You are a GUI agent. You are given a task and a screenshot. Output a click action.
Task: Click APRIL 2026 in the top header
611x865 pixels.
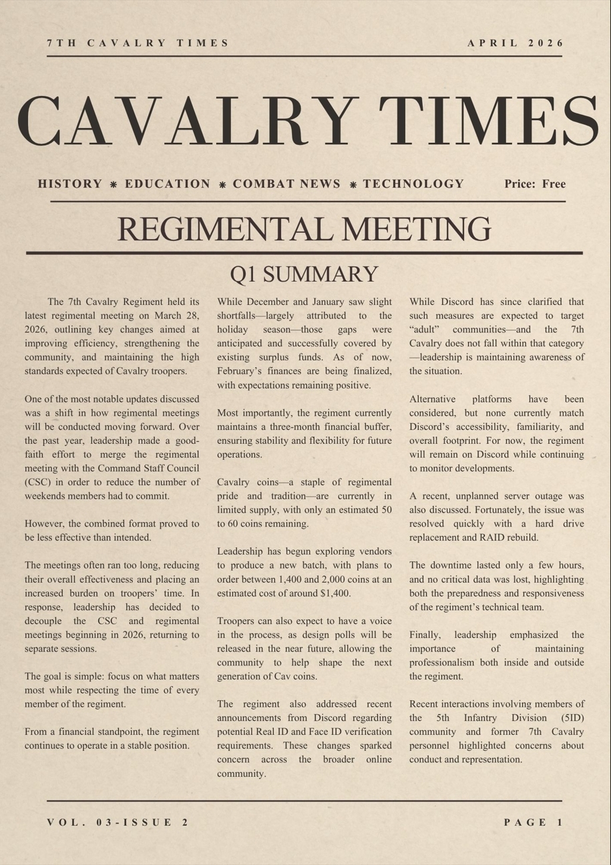point(516,43)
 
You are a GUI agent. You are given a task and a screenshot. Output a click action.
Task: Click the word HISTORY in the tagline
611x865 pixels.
point(70,184)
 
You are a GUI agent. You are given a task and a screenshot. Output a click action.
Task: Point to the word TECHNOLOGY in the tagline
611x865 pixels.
point(413,184)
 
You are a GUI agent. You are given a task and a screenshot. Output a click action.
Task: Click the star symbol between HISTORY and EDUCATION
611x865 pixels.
point(114,185)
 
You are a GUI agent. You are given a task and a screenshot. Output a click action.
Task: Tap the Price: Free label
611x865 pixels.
point(535,184)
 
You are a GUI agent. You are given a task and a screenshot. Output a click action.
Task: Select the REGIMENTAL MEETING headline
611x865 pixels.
point(304,229)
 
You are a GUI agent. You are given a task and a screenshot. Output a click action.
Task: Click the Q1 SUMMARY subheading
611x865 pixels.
point(304,274)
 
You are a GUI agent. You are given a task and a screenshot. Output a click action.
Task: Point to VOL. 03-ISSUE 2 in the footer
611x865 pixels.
point(118,822)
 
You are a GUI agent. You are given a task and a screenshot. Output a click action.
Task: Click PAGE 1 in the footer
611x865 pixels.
point(534,822)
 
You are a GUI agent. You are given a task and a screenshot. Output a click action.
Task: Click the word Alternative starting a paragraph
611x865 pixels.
point(433,399)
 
